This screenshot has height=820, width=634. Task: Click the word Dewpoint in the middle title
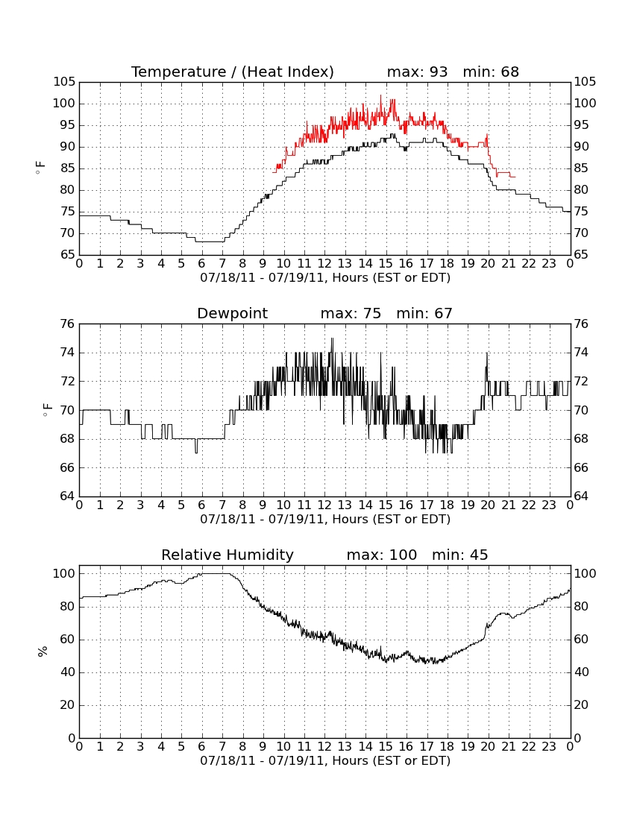(x=232, y=313)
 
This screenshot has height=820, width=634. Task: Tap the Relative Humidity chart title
(x=227, y=555)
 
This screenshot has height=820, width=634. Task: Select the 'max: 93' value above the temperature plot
(x=418, y=72)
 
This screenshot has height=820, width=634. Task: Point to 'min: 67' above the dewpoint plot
(x=424, y=313)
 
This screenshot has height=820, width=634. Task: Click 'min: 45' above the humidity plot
(x=459, y=555)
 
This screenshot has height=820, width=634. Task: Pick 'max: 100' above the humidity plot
(x=382, y=555)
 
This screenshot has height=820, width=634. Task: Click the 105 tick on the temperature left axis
(x=64, y=82)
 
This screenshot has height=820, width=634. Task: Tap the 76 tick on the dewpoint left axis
(x=67, y=324)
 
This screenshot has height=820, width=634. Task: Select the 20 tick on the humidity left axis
(x=67, y=705)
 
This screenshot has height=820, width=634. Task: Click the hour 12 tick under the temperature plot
(x=324, y=264)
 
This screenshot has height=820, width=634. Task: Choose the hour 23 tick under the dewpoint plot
(x=549, y=505)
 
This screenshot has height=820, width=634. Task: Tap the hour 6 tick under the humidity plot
(x=201, y=747)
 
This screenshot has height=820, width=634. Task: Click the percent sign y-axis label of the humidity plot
(x=43, y=652)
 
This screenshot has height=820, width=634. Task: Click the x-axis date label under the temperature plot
(x=325, y=278)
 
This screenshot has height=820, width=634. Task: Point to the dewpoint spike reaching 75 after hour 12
(x=332, y=339)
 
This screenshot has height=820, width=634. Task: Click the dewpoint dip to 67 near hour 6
(x=196, y=452)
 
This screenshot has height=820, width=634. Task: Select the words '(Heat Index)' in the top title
(x=288, y=72)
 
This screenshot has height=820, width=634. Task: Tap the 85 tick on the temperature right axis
(x=585, y=168)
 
